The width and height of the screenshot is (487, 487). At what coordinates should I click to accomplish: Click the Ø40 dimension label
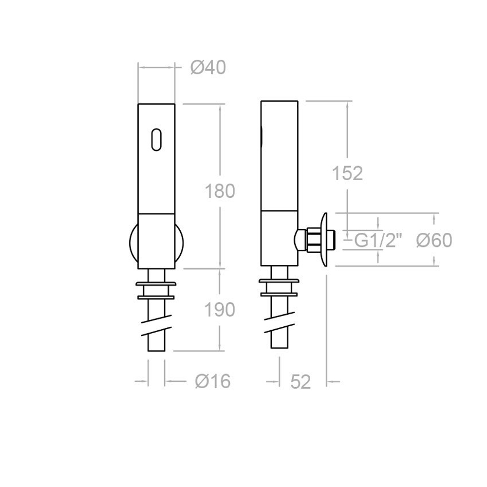(x=208, y=68)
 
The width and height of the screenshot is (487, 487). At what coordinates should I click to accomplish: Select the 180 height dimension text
(x=219, y=191)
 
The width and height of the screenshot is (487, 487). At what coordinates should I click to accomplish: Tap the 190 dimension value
(x=219, y=310)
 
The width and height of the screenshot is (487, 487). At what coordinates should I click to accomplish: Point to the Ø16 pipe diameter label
(x=212, y=382)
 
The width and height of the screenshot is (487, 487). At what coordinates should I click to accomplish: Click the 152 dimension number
(x=347, y=173)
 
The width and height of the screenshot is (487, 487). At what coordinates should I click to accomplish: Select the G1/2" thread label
(x=378, y=241)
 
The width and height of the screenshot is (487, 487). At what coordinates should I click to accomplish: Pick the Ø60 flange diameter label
(x=435, y=240)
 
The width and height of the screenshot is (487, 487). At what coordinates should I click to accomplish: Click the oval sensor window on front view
(x=157, y=139)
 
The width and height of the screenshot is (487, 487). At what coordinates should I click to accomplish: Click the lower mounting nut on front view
(x=156, y=294)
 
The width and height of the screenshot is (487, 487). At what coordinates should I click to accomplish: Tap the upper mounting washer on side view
(x=279, y=283)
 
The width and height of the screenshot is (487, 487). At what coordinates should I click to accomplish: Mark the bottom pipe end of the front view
(x=156, y=347)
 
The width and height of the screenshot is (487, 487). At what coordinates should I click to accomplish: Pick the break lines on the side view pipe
(x=279, y=325)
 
